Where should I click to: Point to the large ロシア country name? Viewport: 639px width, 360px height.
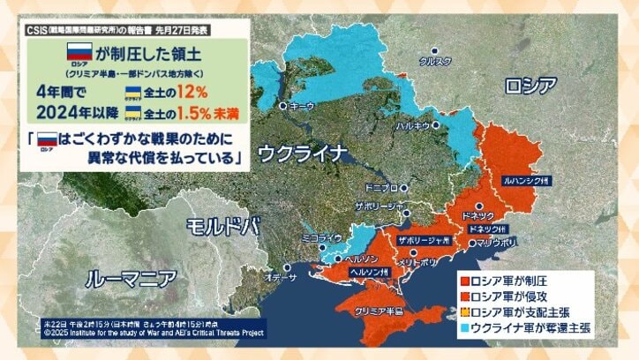pyautogui.click(x=530, y=85)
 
